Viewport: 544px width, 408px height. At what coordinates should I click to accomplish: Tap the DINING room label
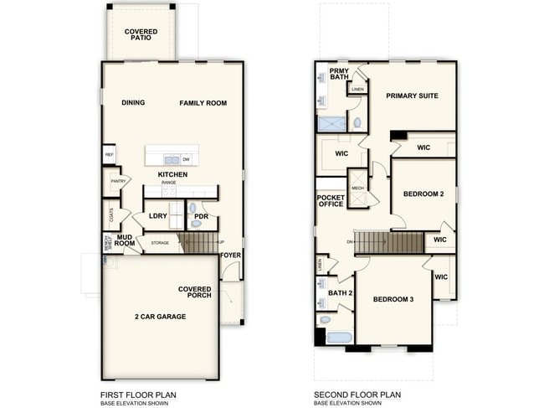pyautogui.click(x=133, y=103)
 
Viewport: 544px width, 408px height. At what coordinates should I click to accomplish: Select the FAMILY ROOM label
pyautogui.click(x=203, y=103)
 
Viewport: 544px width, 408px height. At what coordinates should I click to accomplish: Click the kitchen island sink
pyautogui.click(x=171, y=159)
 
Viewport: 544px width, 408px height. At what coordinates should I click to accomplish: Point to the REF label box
pyautogui.click(x=109, y=156)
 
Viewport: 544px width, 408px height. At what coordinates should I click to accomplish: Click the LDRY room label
pyautogui.click(x=158, y=216)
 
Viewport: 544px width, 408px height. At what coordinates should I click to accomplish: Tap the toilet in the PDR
pyautogui.click(x=193, y=208)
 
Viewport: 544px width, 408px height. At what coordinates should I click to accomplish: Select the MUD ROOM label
pyautogui.click(x=126, y=241)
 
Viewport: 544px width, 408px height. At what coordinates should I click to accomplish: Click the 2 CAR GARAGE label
pyautogui.click(x=160, y=317)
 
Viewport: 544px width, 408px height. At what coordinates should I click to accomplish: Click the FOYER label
pyautogui.click(x=230, y=255)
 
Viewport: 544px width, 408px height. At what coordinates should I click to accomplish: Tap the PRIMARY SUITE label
pyautogui.click(x=412, y=96)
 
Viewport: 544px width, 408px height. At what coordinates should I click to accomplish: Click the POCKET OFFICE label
pyautogui.click(x=331, y=201)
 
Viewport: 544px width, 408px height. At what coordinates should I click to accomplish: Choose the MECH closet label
pyautogui.click(x=357, y=189)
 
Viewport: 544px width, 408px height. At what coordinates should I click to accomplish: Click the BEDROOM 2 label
pyautogui.click(x=423, y=194)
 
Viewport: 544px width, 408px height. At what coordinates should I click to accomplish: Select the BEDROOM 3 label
pyautogui.click(x=393, y=299)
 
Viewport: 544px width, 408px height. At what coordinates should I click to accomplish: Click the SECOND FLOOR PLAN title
pyautogui.click(x=357, y=394)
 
